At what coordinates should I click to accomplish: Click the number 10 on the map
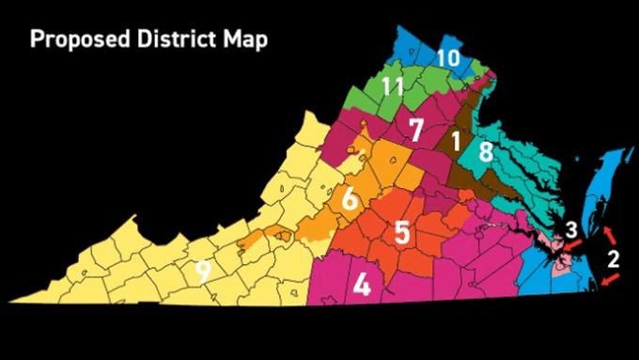click(x=447, y=58)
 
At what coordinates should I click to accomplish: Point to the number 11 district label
click(x=393, y=87)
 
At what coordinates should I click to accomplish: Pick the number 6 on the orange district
click(x=349, y=199)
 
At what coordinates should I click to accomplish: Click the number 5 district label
click(x=402, y=231)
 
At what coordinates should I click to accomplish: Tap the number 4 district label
click(x=361, y=283)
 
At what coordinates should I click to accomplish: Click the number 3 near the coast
click(x=571, y=228)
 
